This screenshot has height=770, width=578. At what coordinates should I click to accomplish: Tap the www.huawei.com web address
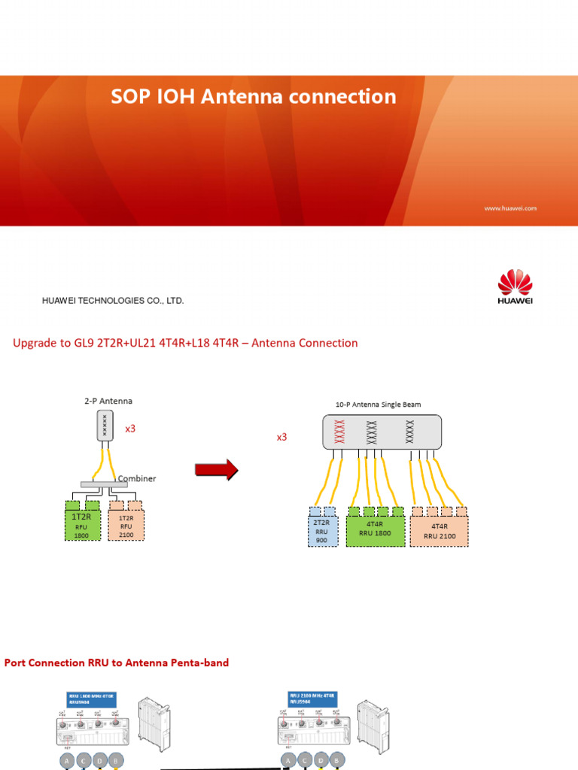click(510, 208)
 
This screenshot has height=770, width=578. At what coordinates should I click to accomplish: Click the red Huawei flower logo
click(515, 283)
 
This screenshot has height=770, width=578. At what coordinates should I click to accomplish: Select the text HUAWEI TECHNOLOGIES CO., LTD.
click(112, 301)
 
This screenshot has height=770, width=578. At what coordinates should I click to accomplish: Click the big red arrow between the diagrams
click(216, 471)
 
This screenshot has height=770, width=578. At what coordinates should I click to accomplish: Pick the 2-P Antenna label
click(108, 401)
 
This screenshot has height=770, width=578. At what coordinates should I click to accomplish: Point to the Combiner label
click(137, 478)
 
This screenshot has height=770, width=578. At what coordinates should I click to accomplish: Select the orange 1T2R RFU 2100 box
click(126, 523)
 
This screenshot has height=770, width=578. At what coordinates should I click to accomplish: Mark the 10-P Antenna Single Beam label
click(378, 404)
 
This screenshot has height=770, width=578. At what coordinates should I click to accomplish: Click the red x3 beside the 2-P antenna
click(130, 429)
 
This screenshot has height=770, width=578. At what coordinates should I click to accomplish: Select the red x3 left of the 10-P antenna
click(281, 436)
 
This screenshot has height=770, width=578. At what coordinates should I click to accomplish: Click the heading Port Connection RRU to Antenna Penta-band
click(117, 662)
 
